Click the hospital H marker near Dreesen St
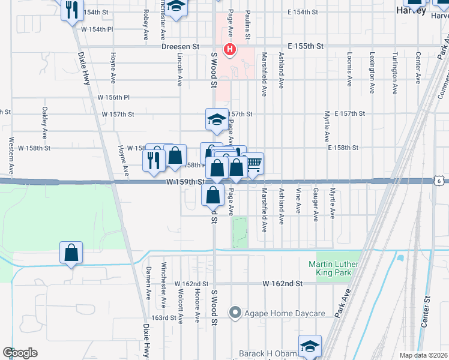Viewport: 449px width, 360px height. [x=229, y=49]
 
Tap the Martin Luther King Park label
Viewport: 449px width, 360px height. [x=330, y=268]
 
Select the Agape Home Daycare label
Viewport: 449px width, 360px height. [x=279, y=313]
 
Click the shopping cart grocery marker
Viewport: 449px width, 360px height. [x=253, y=164]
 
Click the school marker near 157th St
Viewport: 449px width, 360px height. [x=217, y=119]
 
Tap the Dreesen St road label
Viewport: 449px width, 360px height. [x=180, y=46]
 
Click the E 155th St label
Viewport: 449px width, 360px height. [x=306, y=46]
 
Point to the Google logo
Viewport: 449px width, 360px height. [x=20, y=353]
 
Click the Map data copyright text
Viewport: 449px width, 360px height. [x=424, y=355]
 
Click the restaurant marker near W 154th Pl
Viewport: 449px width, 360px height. [x=71, y=10]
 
